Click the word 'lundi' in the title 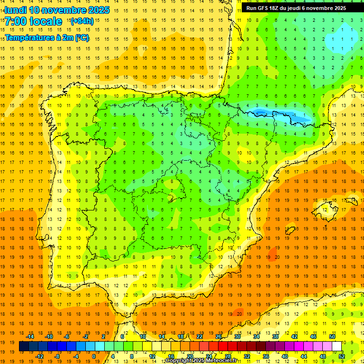(15, 10)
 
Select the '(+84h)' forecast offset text (82, 21)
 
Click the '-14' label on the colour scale (30, 337)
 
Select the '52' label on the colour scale (342, 356)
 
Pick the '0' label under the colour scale (94, 356)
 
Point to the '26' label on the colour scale (218, 337)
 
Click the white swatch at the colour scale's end (337, 346)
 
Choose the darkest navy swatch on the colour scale (24, 346)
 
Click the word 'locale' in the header (46, 21)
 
